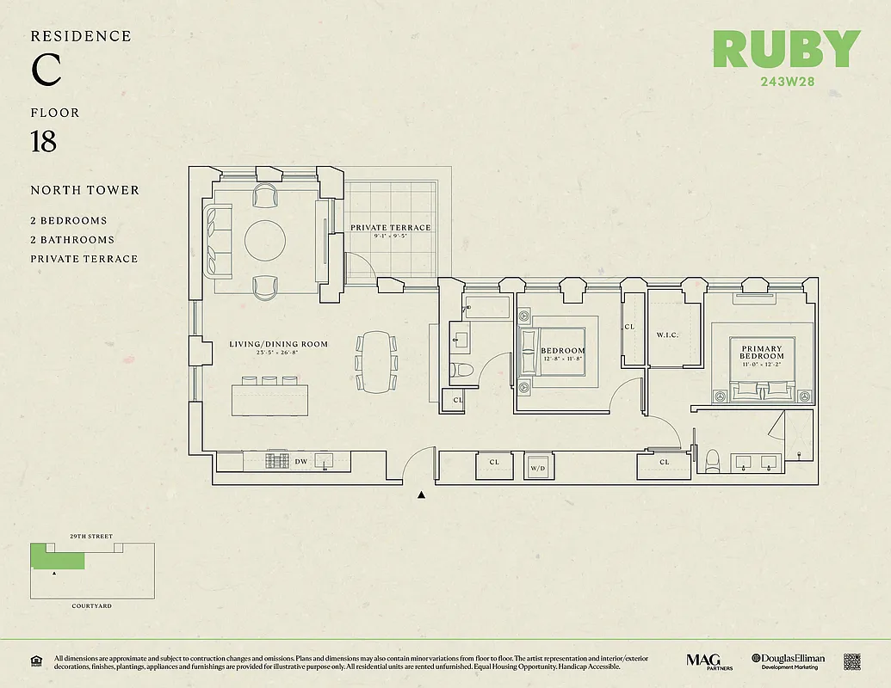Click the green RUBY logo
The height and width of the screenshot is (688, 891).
pos(786,50)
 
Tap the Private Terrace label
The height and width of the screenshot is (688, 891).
pos(390,228)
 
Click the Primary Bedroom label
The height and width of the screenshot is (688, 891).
pos(762,353)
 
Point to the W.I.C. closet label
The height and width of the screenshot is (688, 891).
pos(668,335)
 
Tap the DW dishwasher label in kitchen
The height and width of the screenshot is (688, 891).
pos(300,463)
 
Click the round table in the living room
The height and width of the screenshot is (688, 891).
pos(265,241)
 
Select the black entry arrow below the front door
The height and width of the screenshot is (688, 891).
pos(421,494)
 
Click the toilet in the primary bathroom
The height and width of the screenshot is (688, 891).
pos(711,463)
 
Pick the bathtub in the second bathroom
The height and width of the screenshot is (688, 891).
pos(487,308)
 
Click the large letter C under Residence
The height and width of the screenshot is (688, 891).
pos(46,70)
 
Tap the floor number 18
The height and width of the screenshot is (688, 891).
pos(43,142)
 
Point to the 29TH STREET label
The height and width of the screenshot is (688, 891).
pos(91,536)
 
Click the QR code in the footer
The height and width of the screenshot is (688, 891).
pos(851,662)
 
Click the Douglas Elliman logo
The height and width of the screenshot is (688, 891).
pos(788,661)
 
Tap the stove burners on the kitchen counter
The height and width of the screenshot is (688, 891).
pos(277,462)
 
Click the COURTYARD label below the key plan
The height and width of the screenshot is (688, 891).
pos(91,606)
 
